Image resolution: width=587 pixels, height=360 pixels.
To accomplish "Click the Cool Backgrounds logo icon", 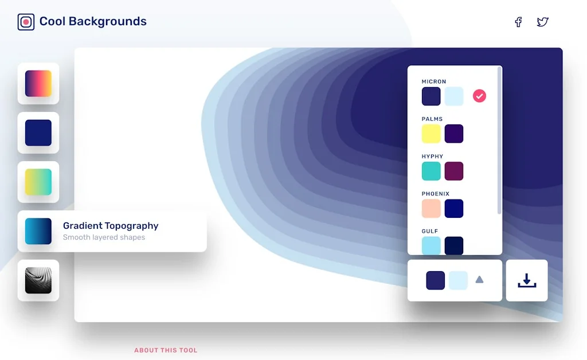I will tap(26, 22).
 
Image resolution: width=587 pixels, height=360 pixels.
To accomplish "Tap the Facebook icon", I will tap(518, 22).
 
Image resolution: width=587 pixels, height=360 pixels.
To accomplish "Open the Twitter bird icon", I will tap(542, 22).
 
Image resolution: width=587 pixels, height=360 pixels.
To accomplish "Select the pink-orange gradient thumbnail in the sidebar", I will tap(38, 84).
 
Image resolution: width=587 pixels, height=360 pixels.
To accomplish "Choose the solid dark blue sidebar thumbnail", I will tap(38, 133).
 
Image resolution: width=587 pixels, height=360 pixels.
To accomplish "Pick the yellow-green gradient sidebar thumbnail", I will tap(38, 182).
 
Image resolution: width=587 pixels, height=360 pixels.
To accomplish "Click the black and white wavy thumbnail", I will tap(38, 280).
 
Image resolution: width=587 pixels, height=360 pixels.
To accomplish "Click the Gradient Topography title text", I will tap(111, 226).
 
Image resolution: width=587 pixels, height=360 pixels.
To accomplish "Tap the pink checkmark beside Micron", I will tap(479, 96).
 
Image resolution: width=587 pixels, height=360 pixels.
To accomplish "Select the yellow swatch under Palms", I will tap(431, 134).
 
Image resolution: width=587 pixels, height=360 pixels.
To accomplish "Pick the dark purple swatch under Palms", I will tap(454, 134).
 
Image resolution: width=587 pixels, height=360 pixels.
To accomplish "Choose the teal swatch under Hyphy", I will tap(431, 171).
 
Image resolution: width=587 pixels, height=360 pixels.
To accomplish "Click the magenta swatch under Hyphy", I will tap(454, 171).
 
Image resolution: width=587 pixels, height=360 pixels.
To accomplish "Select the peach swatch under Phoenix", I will tap(431, 209).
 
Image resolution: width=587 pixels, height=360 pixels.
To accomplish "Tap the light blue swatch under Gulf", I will tap(431, 245).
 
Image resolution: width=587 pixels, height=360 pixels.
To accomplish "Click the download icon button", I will tap(527, 280).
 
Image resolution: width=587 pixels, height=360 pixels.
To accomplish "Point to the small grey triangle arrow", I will tap(479, 280).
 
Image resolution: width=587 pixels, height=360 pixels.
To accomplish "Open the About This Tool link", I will tap(166, 350).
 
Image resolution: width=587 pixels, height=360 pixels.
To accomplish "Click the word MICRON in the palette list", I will tap(434, 82).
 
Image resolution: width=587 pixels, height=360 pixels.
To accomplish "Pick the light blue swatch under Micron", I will tap(454, 96).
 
